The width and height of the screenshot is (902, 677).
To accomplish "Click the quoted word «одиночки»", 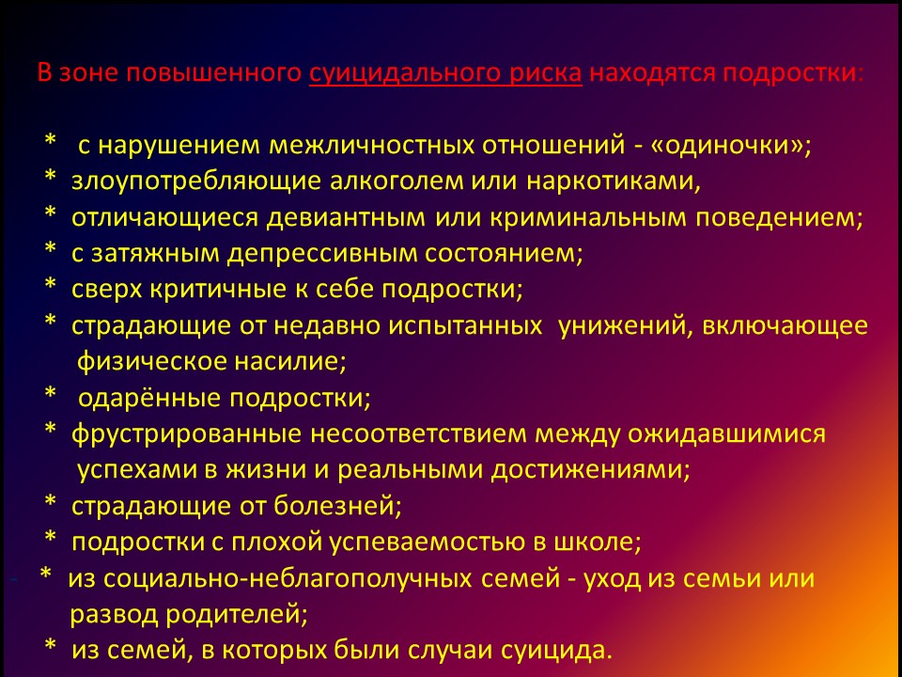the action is [x=727, y=145].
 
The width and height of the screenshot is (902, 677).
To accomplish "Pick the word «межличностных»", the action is [x=372, y=146].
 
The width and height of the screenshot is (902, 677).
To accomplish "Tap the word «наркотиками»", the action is [x=613, y=181].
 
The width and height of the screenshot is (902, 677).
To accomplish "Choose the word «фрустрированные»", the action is [x=186, y=434].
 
